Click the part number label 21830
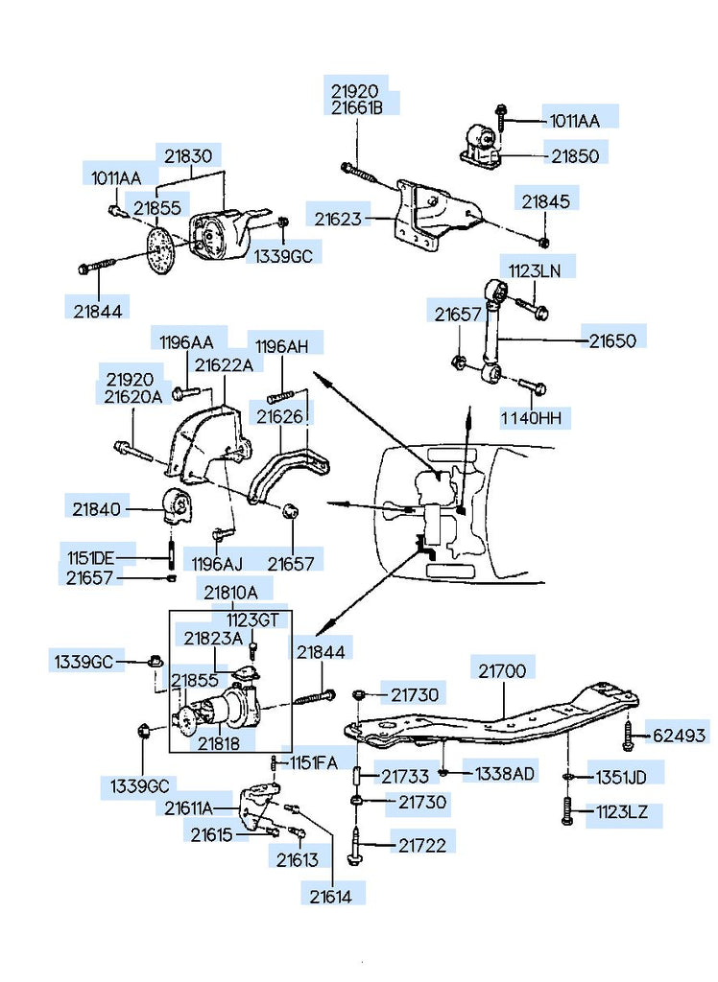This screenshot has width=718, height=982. click(x=190, y=155)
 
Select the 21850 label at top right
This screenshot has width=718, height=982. click(x=573, y=154)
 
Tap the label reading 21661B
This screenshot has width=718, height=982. click(x=357, y=108)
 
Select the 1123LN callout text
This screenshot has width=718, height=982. click(x=534, y=271)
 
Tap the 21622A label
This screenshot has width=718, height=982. click(x=224, y=365)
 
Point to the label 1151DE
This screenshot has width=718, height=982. click(x=90, y=558)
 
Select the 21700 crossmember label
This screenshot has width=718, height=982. click(x=502, y=670)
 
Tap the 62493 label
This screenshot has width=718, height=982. click(x=680, y=736)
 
